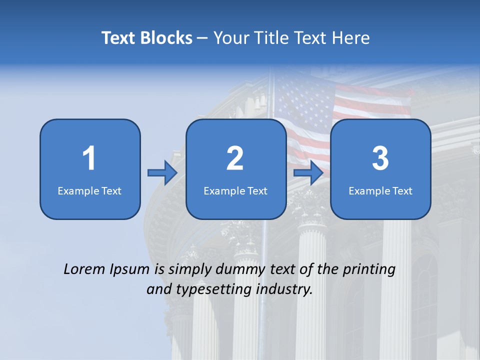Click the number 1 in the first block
pos(89,158)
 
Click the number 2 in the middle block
pos(235,158)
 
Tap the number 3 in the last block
pos(380,158)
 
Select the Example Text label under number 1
pos(89,190)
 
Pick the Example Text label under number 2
pos(235,190)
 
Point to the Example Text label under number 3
pos(380,190)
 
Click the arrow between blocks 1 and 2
pos(162,173)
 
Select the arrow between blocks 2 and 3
pos(308,173)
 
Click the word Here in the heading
pos(351,38)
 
